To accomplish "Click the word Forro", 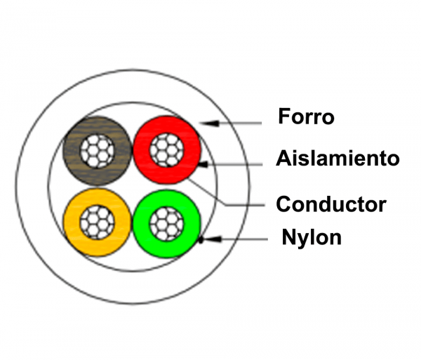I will tap(306, 116).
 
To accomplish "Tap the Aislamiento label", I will tap(338, 158).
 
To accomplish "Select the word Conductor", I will tap(330, 204).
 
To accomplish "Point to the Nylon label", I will tap(311, 237).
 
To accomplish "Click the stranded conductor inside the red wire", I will tap(167, 149).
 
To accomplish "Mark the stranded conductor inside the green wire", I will tap(167, 224).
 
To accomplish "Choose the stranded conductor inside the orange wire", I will tap(97, 224).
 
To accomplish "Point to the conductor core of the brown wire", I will tap(97, 149).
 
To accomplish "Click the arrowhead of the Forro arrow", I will tap(204, 123).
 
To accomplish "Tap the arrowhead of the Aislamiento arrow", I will tap(203, 164).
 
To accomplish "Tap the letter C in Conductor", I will tap(283, 204).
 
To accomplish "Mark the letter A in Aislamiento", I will tap(282, 158).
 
